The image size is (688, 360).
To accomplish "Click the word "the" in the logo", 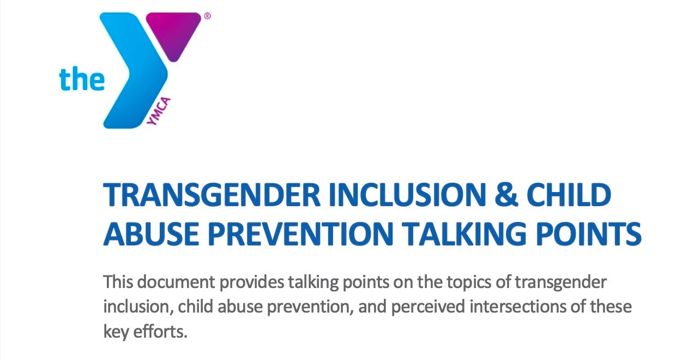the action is coord(82,79).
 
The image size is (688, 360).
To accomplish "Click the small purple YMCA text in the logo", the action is coord(159,111).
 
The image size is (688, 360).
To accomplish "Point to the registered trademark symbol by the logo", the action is coord(208,16).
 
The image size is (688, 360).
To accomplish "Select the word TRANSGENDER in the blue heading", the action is coord(212,195).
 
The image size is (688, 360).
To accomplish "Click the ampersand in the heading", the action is coord(506,195).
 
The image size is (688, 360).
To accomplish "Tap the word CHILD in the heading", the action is coord(569,195).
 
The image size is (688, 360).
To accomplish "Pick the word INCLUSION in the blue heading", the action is coord(407,195).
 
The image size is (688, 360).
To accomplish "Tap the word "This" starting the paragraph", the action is coord(118,282).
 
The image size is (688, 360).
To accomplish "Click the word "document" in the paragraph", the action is coord(176,282).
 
